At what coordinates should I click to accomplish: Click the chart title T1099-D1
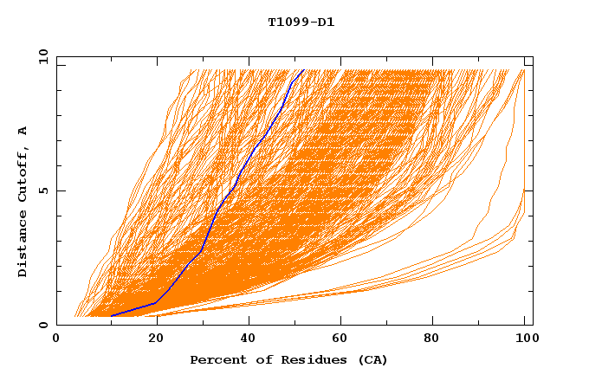[301, 22]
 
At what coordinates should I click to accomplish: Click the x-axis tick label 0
[57, 339]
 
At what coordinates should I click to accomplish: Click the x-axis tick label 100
[525, 339]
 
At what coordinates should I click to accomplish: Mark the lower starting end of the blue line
[111, 316]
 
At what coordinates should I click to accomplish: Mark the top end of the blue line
[303, 70]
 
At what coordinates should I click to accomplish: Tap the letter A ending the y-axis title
[23, 131]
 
